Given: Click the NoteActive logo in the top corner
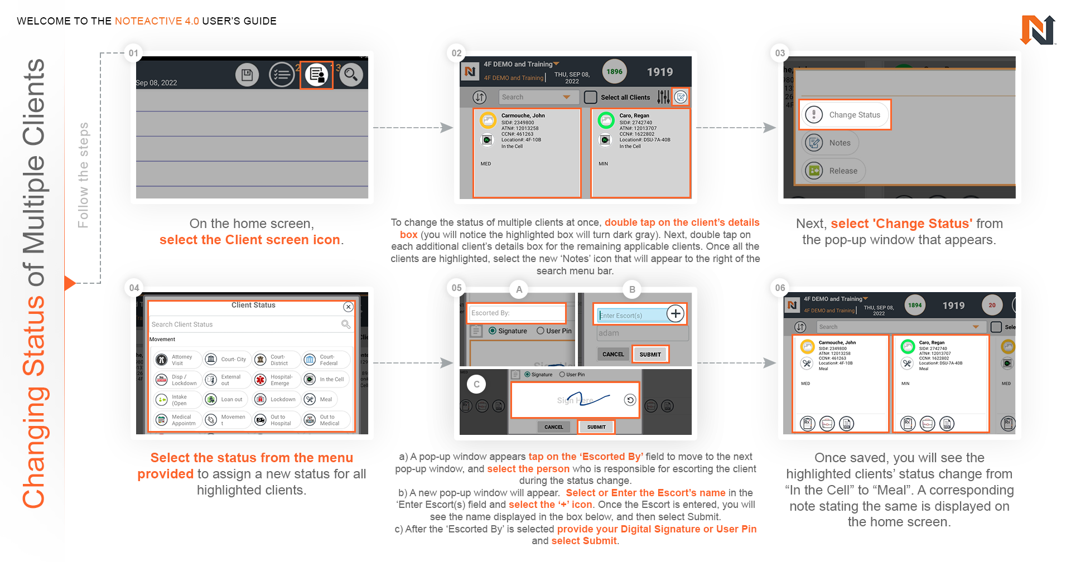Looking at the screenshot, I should [x=1038, y=30].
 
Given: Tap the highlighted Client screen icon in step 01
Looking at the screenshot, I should [x=316, y=75].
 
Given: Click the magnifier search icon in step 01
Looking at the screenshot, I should [x=351, y=75].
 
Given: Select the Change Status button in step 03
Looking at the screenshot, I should [x=845, y=115].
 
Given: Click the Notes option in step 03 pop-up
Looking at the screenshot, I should [x=831, y=143].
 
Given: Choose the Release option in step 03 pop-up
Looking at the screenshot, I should [x=834, y=171].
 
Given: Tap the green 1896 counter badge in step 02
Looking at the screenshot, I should [x=614, y=71].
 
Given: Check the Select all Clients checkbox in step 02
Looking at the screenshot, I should [x=591, y=97].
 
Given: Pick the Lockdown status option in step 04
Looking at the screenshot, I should [x=276, y=399].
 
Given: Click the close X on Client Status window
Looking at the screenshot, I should [x=348, y=307].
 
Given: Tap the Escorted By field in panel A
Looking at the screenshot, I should [x=517, y=313].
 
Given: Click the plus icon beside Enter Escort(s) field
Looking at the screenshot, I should [x=676, y=314].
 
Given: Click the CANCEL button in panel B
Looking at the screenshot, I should [x=613, y=354].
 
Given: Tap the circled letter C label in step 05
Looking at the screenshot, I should [x=476, y=384].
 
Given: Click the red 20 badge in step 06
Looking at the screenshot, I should [x=992, y=305].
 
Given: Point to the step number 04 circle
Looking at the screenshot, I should [x=134, y=288].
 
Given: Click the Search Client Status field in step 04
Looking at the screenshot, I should [x=245, y=324].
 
